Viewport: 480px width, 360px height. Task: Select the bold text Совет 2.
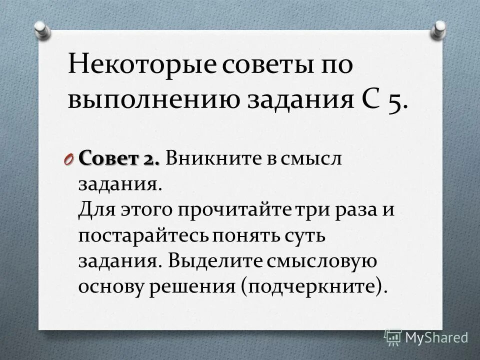tap(119, 159)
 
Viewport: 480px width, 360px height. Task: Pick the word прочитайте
tap(248, 210)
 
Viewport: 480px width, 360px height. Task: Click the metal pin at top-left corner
tap(42, 29)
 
